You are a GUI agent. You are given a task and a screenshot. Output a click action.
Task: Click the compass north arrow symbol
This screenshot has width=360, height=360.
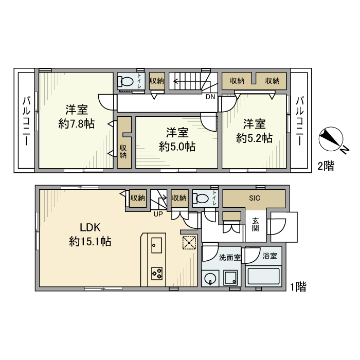click(331, 139)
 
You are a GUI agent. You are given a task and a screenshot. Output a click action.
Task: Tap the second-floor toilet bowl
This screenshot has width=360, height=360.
click(125, 81)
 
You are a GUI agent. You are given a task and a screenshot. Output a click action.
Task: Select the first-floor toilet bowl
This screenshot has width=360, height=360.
click(200, 198)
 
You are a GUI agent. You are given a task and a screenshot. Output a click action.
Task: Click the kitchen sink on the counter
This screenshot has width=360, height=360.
click(156, 245)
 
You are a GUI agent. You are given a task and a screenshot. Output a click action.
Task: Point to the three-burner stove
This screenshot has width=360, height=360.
click(157, 274)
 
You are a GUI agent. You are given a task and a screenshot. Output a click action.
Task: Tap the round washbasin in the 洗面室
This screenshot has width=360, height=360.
click(210, 278)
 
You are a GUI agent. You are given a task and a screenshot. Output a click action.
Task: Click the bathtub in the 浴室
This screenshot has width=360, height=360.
click(263, 277)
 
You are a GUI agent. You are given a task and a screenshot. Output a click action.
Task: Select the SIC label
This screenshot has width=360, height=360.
click(255, 198)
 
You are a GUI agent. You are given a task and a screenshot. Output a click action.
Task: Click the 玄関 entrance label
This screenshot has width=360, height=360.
click(256, 225)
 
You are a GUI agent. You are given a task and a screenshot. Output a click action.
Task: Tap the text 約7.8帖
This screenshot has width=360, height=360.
click(77, 124)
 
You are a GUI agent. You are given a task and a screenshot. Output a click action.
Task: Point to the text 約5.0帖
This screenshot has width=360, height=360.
click(177, 147)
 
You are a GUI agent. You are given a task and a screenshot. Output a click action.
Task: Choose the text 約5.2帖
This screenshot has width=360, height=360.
click(255, 138)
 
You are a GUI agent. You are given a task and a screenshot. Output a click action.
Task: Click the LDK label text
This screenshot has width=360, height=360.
click(90, 227)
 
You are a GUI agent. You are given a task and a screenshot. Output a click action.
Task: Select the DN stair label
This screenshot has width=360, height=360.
click(210, 97)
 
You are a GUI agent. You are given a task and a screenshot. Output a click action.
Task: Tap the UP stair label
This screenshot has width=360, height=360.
click(158, 214)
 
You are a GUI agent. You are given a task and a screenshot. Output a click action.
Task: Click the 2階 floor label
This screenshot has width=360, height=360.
click(326, 166)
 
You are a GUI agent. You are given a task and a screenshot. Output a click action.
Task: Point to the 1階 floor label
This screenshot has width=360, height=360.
click(298, 287)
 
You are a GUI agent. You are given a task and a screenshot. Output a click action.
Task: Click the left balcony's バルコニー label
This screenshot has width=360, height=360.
click(26, 121)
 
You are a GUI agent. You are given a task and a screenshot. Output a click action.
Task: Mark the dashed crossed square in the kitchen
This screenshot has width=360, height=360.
click(189, 243)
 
